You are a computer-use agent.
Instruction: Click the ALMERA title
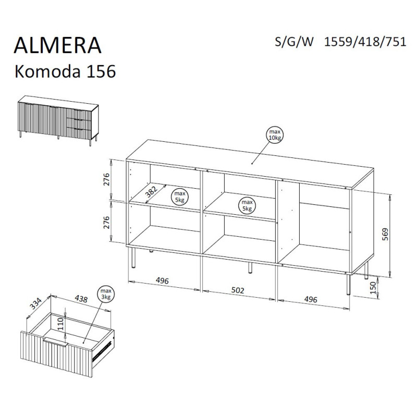57,45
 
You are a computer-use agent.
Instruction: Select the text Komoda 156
65,71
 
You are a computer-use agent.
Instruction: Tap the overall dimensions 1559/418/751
365,42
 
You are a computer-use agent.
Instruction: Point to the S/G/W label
294,42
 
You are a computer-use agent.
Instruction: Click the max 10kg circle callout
275,135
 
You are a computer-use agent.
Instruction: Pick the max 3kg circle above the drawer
106,294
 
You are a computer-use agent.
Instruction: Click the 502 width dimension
238,290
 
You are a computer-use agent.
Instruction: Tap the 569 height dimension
385,234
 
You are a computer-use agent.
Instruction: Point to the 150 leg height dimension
373,288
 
